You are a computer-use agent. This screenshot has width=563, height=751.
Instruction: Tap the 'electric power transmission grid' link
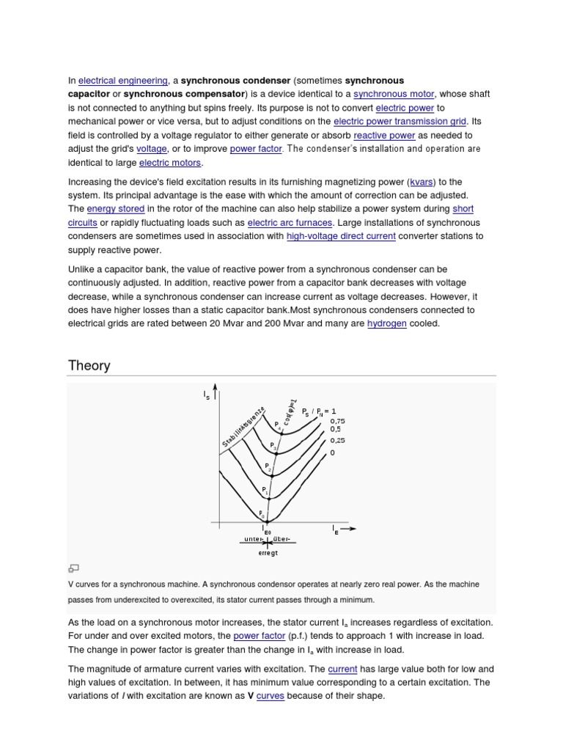click(x=400, y=122)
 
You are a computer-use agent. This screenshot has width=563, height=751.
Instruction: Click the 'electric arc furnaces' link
click(x=290, y=222)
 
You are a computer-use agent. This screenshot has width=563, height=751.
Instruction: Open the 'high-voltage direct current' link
click(x=341, y=236)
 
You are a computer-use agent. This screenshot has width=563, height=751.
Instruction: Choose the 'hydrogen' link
click(x=386, y=323)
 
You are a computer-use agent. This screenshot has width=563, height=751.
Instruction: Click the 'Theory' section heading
click(x=89, y=365)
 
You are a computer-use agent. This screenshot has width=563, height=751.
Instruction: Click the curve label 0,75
click(x=337, y=421)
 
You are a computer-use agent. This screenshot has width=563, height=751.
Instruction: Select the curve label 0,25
click(x=337, y=440)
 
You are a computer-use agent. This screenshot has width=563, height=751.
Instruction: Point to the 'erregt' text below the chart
click(x=268, y=552)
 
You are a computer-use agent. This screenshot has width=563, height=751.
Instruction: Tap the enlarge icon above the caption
click(x=73, y=568)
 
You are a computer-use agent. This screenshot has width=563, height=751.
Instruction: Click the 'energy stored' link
click(x=115, y=209)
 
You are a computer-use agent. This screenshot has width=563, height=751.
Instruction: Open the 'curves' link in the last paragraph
click(x=270, y=695)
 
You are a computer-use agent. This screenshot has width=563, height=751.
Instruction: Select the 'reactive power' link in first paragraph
click(x=384, y=136)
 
